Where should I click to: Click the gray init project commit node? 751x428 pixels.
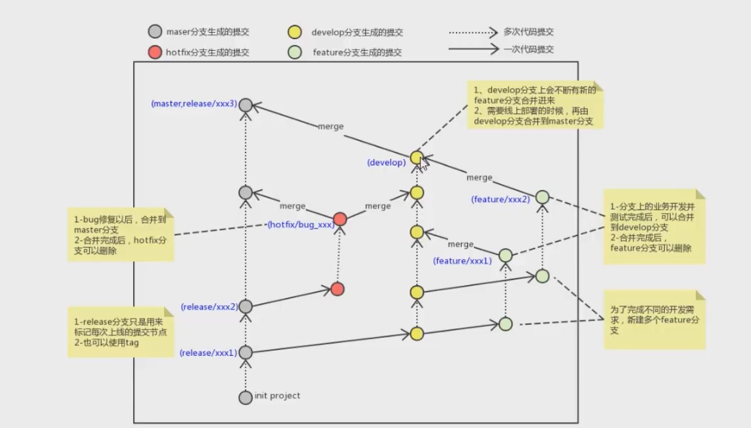245,397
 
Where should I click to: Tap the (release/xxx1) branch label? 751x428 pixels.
208,353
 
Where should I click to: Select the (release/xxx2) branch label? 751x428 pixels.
210,307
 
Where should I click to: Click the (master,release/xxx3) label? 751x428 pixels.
194,104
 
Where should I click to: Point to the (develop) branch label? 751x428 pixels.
386,162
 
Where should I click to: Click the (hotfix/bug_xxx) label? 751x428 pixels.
301,225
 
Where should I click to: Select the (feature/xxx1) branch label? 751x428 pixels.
463,261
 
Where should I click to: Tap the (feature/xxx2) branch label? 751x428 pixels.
500,200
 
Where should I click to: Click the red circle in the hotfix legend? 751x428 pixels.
155,52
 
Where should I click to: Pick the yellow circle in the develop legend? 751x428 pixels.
294,32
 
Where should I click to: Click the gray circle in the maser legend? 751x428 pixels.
155,32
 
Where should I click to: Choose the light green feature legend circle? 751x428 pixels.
294,52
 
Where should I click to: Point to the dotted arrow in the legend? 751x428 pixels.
473,33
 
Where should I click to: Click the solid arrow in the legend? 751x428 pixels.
473,48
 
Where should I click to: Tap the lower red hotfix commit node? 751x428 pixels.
337,289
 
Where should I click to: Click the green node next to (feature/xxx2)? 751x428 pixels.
542,197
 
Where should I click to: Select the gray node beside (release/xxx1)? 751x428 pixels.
245,352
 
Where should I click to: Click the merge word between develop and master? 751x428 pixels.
331,127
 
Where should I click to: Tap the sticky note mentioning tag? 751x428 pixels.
120,331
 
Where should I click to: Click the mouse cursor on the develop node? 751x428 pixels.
423,164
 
